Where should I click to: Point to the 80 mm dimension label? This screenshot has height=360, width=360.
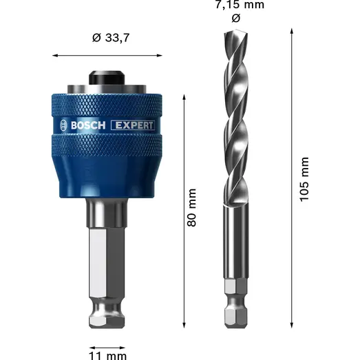192,207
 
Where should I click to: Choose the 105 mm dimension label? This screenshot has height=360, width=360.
305,178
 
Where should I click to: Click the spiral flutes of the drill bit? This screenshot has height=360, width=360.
231,117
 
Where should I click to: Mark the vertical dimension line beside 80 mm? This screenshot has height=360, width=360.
184,207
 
